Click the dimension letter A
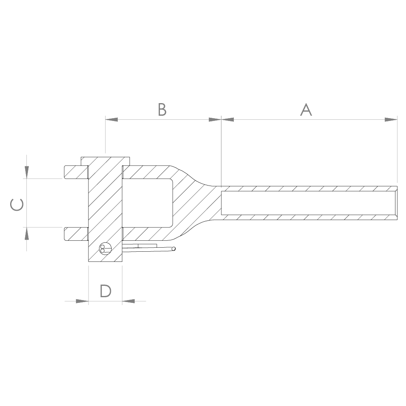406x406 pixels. coord(306,110)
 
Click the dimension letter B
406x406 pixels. coord(162,110)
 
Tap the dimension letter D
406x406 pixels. coord(106,291)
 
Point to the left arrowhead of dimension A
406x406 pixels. coord(227,119)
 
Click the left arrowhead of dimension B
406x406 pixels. coord(111,119)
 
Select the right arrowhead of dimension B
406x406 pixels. coord(215,119)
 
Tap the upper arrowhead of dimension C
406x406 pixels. coord(26,172)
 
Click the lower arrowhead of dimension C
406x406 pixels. coord(26,233)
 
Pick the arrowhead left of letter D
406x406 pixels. coord(82,301)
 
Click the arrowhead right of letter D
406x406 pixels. coord(128,301)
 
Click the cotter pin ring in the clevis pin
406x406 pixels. coord(105,249)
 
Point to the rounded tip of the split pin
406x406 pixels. coord(174,248)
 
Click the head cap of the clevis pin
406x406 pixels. coord(105,160)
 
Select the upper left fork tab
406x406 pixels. coord(75,172)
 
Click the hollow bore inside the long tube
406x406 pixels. coord(309,203)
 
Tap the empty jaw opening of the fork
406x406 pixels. coord(148,203)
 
